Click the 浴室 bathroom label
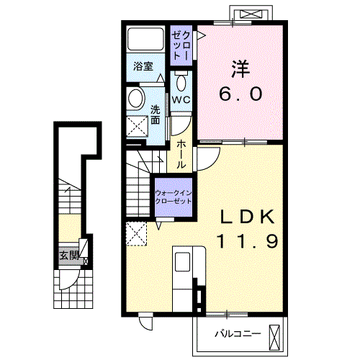point(143,66)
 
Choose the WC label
point(180,99)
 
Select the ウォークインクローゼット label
point(174,197)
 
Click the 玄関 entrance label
point(68,255)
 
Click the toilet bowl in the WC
point(180,80)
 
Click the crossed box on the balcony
point(276,336)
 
